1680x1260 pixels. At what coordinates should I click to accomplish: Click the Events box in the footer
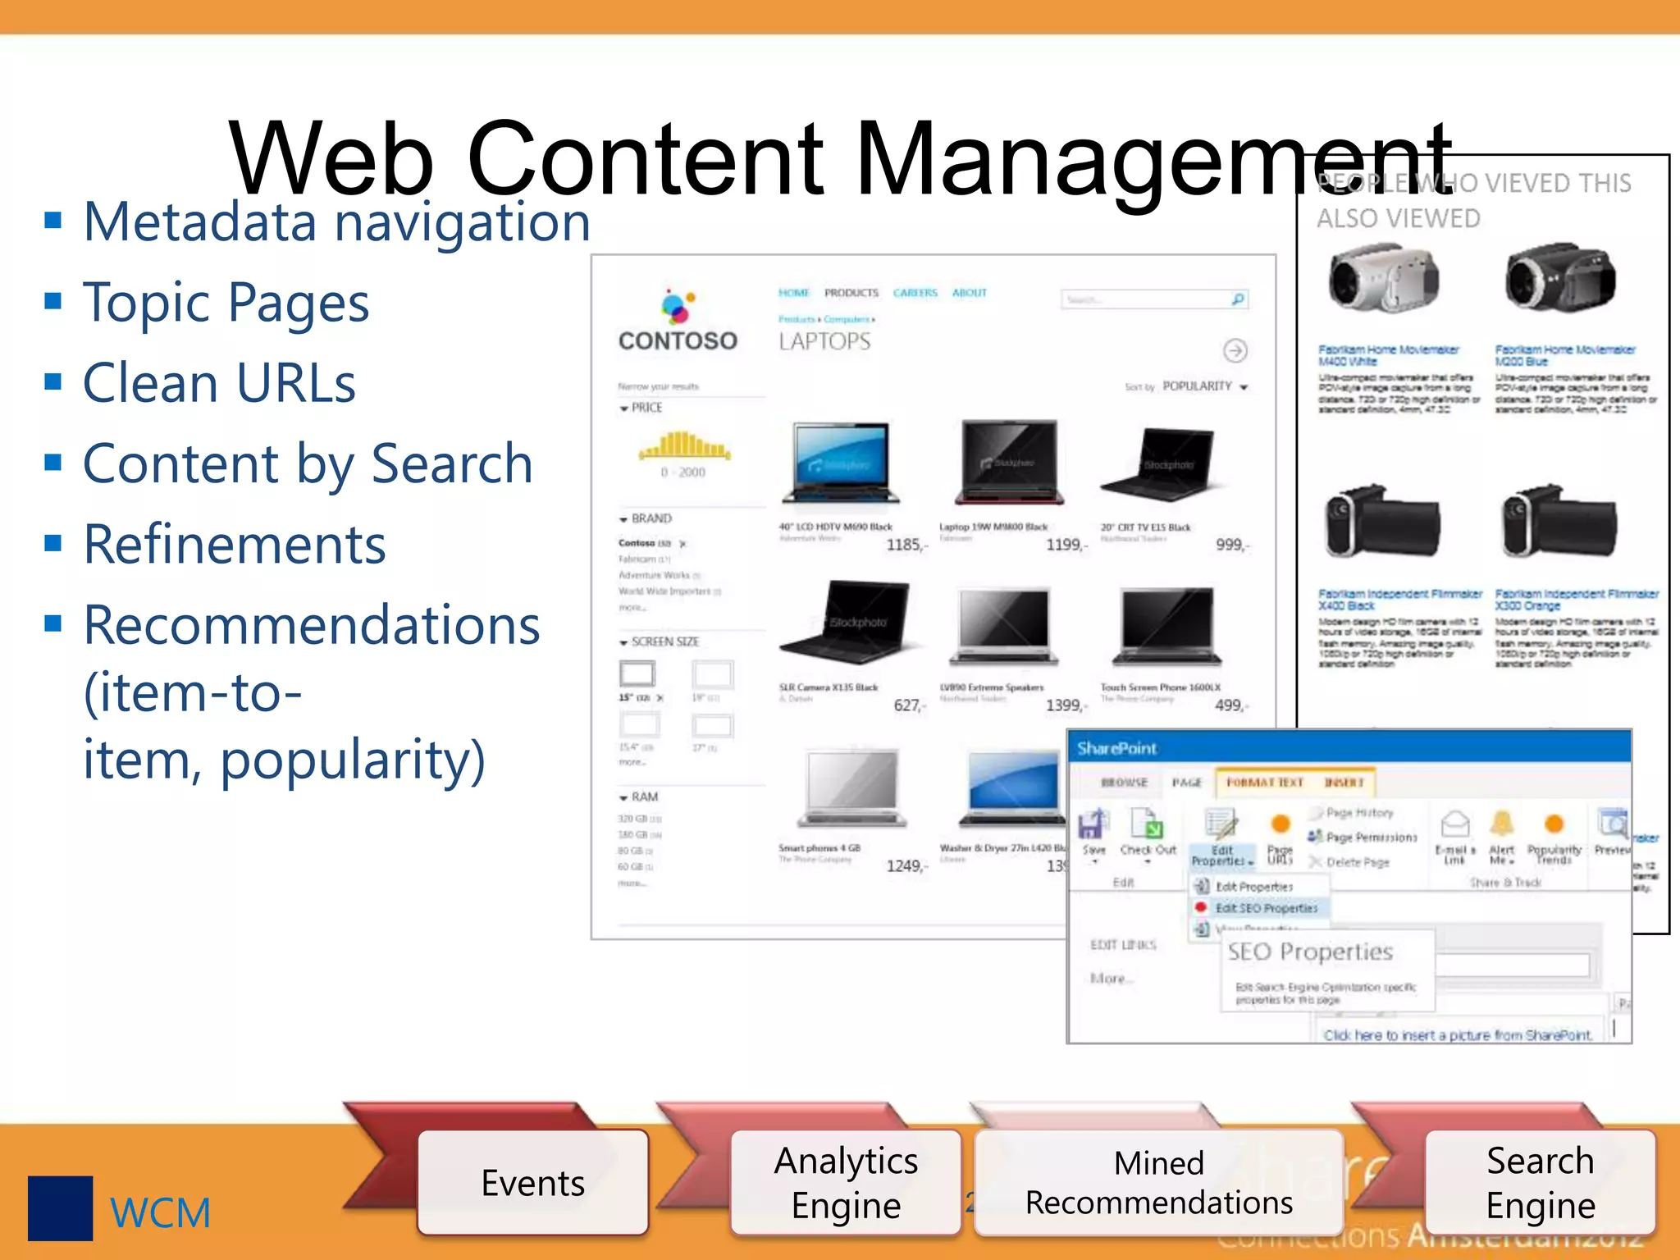click(x=533, y=1182)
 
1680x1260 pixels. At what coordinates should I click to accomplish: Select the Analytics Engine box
click(x=846, y=1182)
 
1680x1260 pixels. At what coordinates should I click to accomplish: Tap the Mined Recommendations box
click(x=1158, y=1182)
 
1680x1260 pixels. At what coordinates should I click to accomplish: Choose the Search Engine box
click(x=1540, y=1182)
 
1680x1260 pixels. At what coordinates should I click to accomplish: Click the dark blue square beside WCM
click(x=60, y=1208)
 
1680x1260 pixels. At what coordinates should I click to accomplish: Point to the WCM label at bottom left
click(x=161, y=1212)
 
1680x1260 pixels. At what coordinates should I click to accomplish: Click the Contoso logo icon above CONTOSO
click(x=678, y=307)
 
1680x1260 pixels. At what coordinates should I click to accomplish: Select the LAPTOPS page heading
click(x=824, y=341)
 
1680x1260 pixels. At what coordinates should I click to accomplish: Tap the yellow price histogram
click(x=685, y=445)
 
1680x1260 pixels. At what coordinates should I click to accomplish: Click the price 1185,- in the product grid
click(x=906, y=545)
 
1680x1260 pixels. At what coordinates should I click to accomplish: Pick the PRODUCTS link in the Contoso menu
click(x=851, y=293)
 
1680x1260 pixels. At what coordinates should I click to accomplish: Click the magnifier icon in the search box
click(x=1238, y=299)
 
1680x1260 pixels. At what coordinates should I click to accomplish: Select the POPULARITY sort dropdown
click(x=1203, y=386)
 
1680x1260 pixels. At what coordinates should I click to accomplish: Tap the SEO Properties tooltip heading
click(x=1310, y=952)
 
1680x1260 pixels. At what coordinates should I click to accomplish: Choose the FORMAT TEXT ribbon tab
click(x=1264, y=783)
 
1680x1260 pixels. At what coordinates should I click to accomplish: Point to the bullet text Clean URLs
click(x=220, y=383)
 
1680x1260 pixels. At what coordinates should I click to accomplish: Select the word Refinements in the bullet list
click(x=235, y=545)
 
